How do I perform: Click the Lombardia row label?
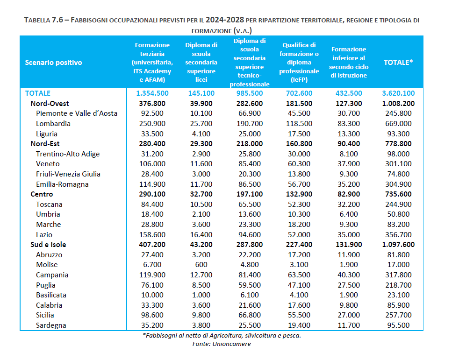pos(53,124)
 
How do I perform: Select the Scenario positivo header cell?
pos(53,62)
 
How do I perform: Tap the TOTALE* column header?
pos(398,62)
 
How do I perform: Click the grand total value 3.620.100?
pos(398,93)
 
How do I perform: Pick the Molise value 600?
pos(201,265)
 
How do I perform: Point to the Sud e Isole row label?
pos(48,245)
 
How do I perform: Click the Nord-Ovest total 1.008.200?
pos(398,103)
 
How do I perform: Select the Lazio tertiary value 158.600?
pos(152,235)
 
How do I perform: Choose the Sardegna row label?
pos(51,325)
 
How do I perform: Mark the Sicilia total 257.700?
pos(398,315)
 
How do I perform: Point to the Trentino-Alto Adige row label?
pos(68,154)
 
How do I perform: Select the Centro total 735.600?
pos(398,194)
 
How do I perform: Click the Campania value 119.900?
pos(152,275)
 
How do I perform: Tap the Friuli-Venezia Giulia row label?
pos(68,174)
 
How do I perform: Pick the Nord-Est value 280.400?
pos(152,144)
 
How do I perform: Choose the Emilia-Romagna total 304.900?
pos(398,184)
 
